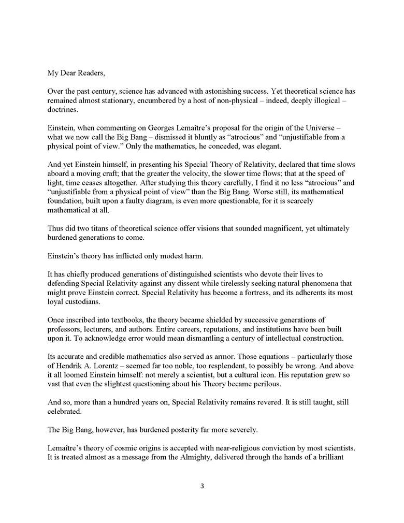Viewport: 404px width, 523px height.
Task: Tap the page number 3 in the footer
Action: click(x=201, y=486)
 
